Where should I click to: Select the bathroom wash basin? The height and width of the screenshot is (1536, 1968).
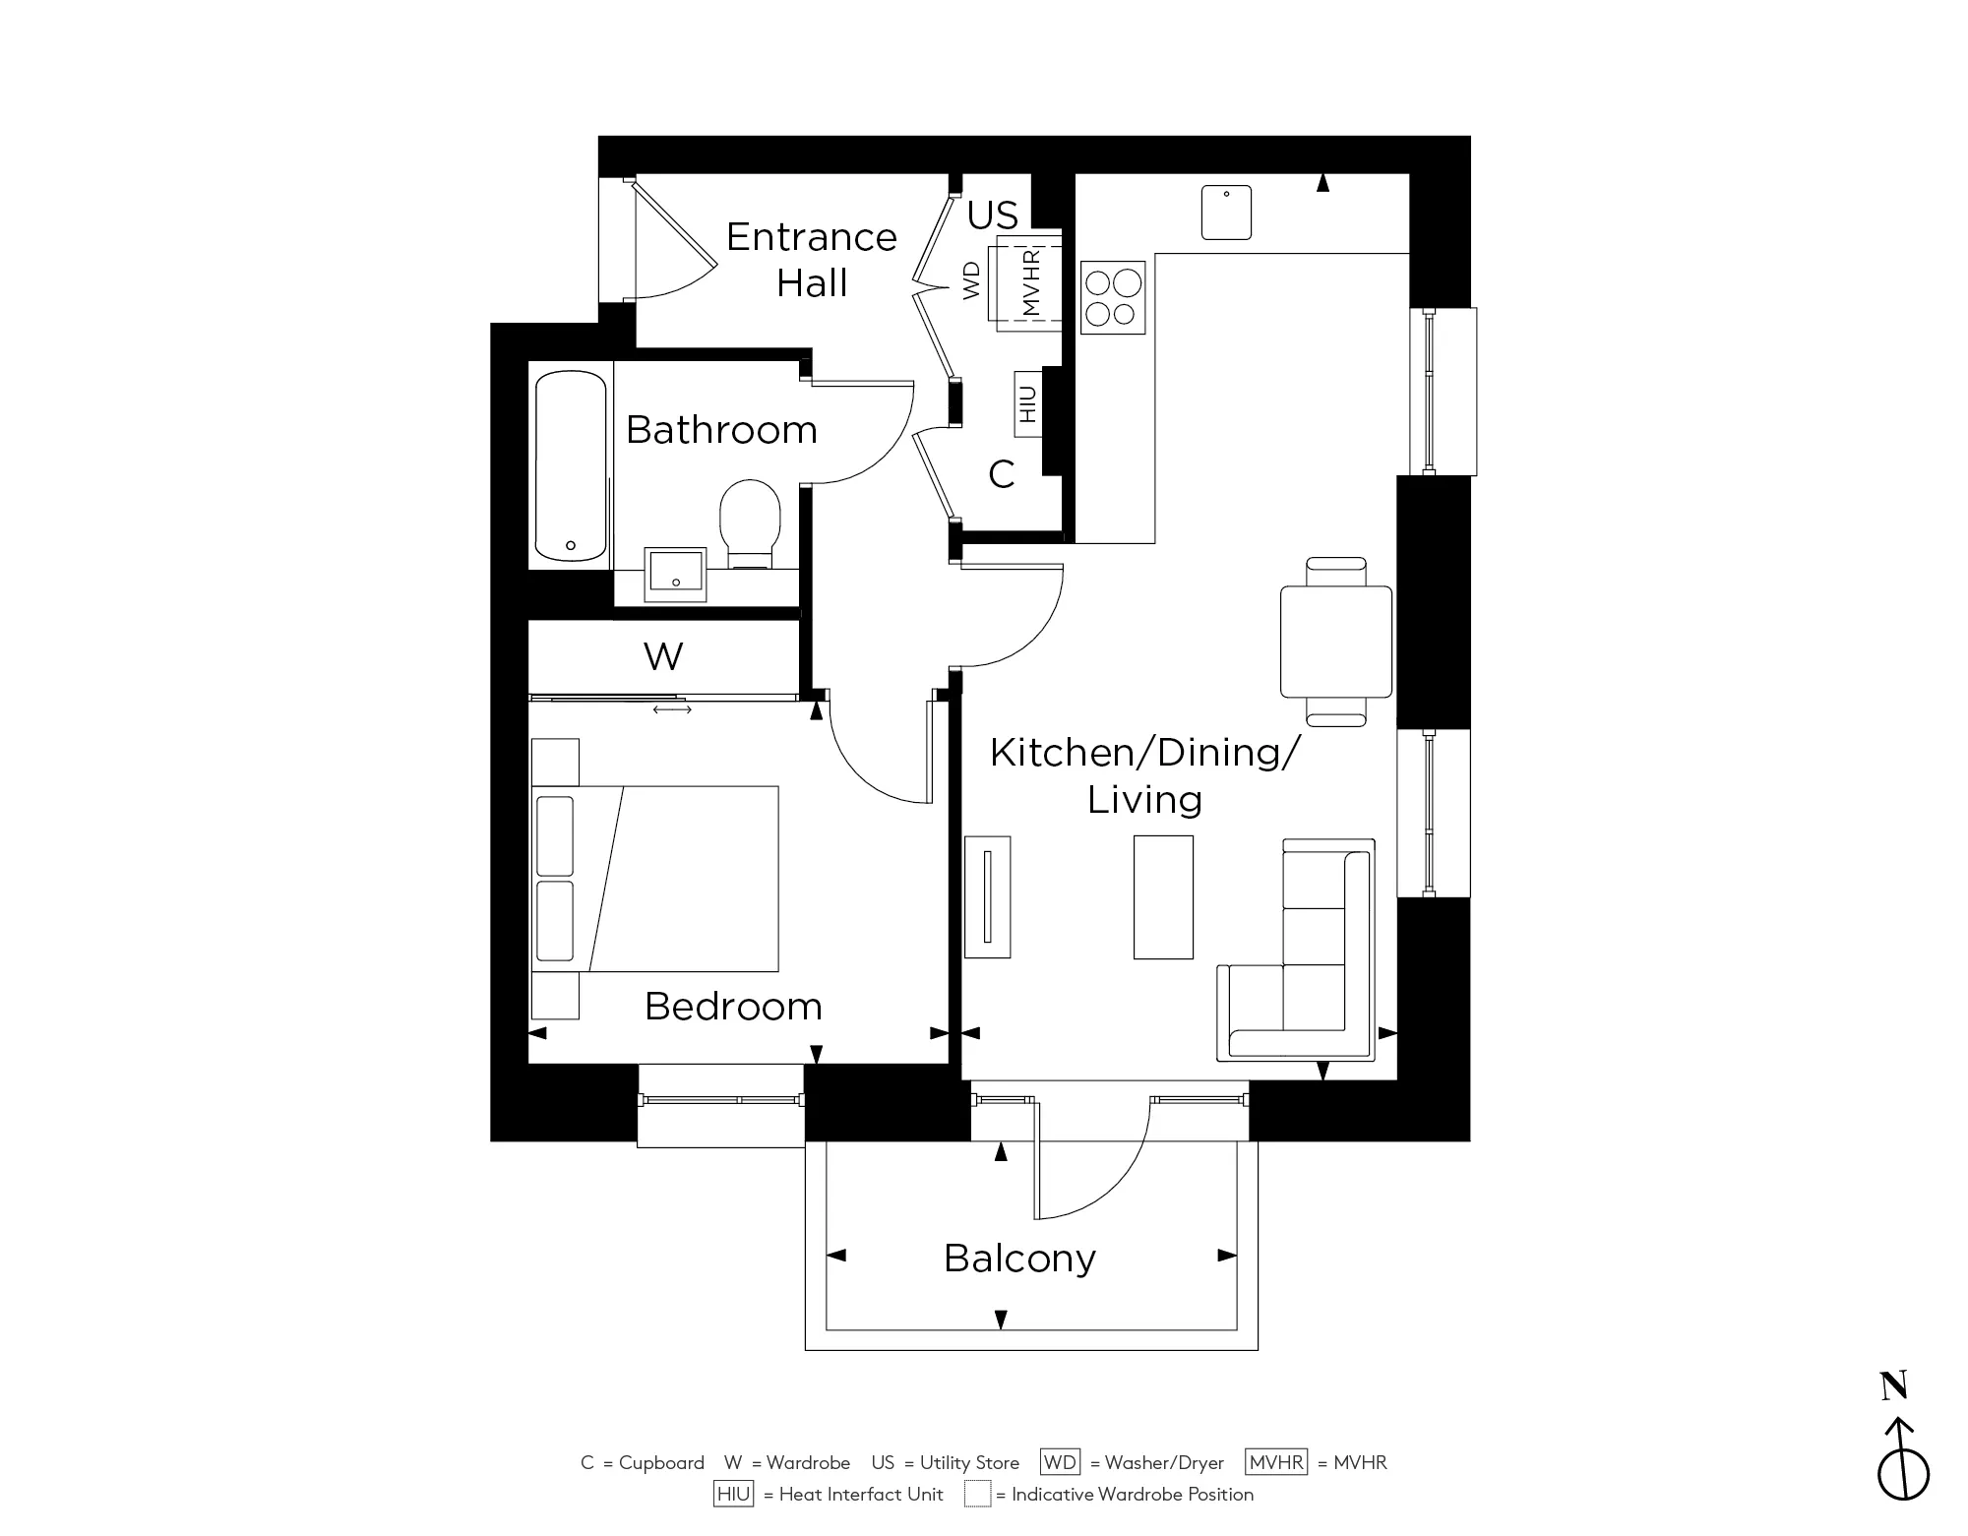tap(675, 574)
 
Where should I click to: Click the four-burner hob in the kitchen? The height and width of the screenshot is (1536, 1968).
tap(1113, 297)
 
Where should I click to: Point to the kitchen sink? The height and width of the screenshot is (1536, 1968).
tap(1226, 213)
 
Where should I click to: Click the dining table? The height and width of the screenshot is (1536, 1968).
tap(1335, 642)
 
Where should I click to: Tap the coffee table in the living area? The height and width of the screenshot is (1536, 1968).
tap(1163, 896)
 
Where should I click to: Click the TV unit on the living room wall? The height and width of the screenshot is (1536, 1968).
tap(988, 896)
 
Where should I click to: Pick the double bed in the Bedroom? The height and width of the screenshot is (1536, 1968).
tap(655, 878)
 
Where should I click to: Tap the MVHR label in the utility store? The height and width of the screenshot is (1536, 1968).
tap(1030, 282)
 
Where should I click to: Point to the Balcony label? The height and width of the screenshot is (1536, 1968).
tap(1019, 1259)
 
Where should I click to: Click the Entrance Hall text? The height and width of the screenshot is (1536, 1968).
tap(812, 260)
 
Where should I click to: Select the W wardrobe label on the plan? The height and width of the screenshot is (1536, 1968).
tap(663, 656)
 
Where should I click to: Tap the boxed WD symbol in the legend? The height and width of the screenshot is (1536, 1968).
tap(1060, 1462)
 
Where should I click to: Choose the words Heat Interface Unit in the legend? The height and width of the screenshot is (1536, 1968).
tap(860, 1495)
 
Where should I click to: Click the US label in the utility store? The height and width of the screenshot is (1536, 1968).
tap(992, 215)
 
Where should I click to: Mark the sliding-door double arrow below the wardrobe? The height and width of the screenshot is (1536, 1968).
tap(672, 709)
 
